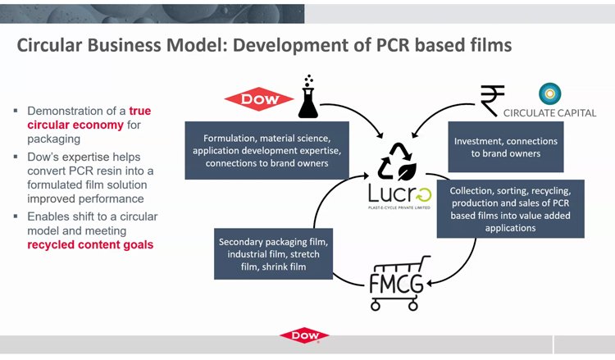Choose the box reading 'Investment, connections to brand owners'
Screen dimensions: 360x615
point(506,147)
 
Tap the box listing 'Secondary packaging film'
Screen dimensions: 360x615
point(274,254)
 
